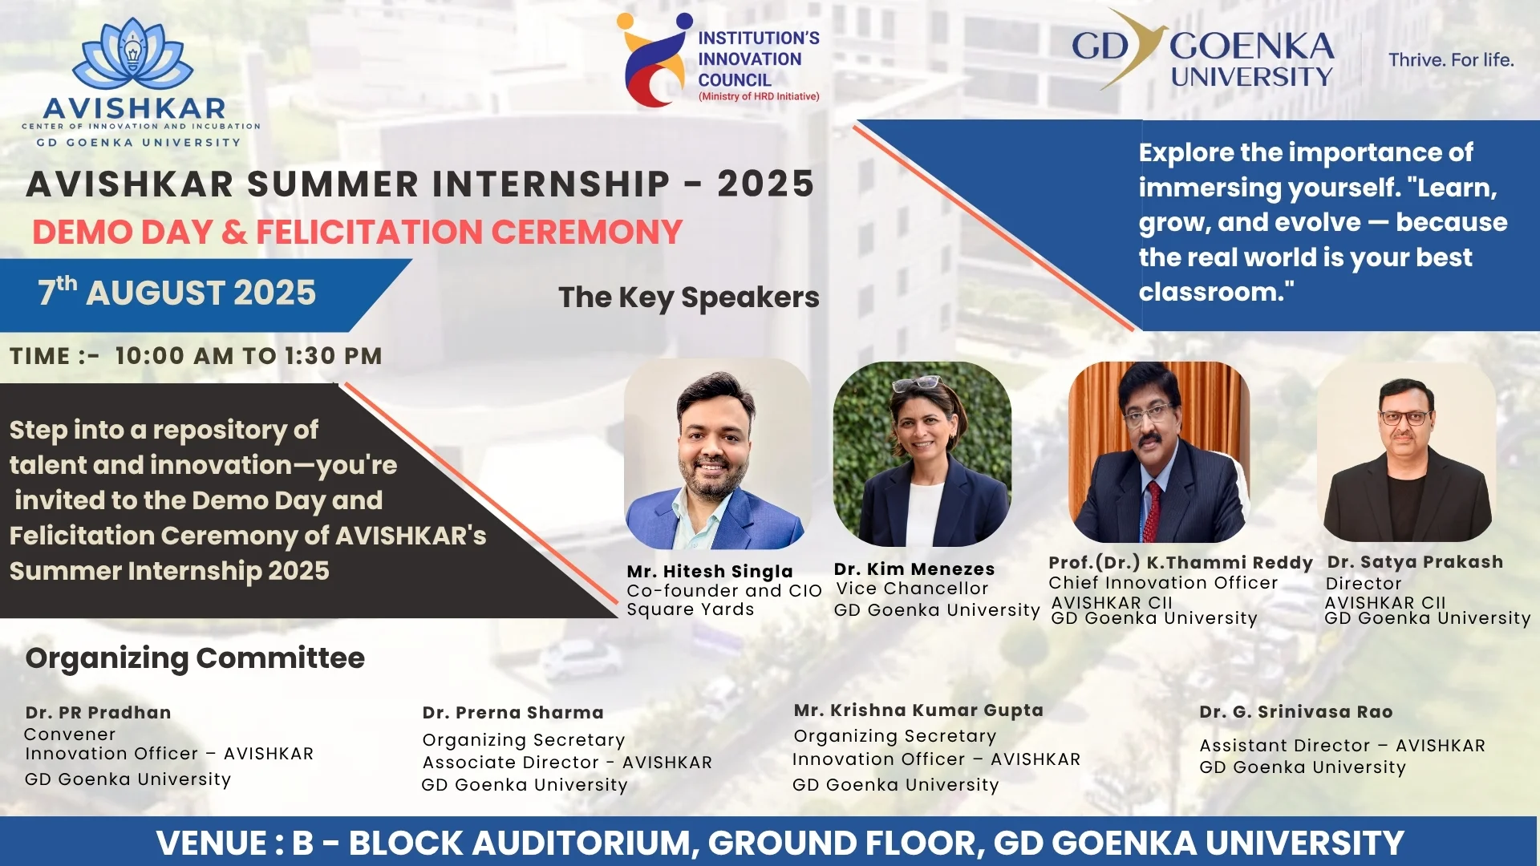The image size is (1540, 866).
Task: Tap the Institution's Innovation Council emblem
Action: [654, 60]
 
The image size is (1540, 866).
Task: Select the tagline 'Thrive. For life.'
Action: [1451, 60]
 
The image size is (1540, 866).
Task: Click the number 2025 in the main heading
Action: [766, 184]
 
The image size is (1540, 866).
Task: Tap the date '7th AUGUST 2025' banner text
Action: [177, 292]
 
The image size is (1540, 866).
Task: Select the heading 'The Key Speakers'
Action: [689, 297]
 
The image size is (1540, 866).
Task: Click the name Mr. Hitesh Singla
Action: [710, 571]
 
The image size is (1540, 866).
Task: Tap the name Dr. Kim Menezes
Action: [914, 569]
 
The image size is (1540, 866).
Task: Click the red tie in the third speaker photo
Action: [1152, 510]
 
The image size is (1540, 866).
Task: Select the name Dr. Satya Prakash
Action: [1415, 562]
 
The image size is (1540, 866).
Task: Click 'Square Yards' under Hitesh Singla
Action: [691, 609]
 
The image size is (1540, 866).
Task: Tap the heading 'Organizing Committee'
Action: [195, 658]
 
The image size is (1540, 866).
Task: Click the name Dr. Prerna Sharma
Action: [513, 713]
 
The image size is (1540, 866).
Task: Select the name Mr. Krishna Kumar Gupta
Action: [918, 710]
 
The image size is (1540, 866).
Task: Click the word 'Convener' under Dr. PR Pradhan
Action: [70, 734]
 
